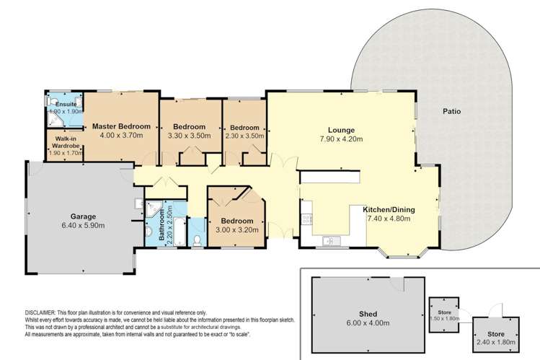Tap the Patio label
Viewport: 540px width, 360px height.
tap(452, 112)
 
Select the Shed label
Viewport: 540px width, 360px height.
tap(367, 315)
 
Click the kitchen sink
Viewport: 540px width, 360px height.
tap(331, 240)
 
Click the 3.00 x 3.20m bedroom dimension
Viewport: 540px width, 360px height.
tap(237, 230)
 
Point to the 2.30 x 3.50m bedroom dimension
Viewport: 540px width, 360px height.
tap(244, 135)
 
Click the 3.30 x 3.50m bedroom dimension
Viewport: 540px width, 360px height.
tap(190, 135)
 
